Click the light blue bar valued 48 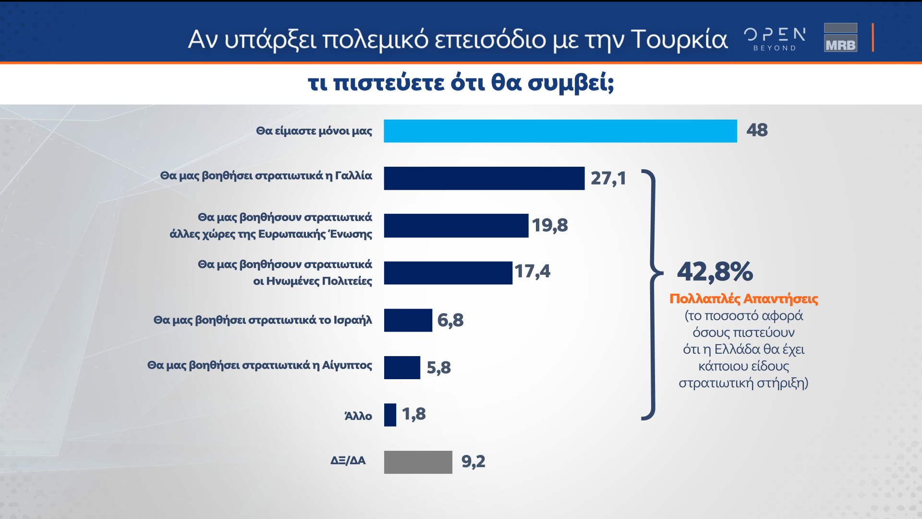point(560,131)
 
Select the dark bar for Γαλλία point(484,178)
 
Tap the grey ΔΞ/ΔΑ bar point(418,462)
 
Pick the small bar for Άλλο point(390,415)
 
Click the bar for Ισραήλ point(408,320)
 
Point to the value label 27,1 point(608,178)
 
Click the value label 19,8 point(549,225)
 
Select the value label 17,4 point(532,272)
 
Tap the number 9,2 point(473,461)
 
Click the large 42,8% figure point(715,272)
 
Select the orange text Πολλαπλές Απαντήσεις point(743,299)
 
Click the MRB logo point(840,37)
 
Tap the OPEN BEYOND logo point(774,38)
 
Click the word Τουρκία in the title point(679,39)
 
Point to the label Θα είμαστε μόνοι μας point(314,131)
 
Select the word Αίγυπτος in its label point(347,365)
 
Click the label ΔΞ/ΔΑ point(348,460)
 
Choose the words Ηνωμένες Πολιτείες point(319,281)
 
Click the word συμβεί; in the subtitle point(570,83)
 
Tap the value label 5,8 point(438,368)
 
